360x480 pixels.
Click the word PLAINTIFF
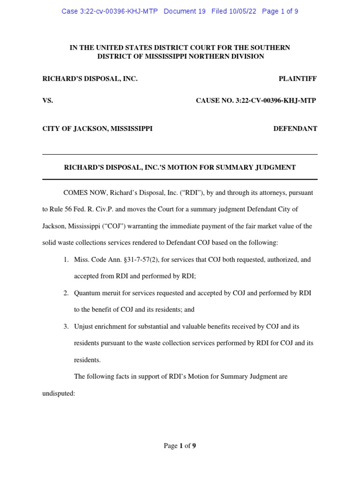pyautogui.click(x=298, y=79)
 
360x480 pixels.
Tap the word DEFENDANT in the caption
pyautogui.click(x=295, y=128)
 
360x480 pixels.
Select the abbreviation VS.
pyautogui.click(x=48, y=101)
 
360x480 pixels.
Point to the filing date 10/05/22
pyautogui.click(x=243, y=11)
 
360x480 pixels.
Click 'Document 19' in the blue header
pyautogui.click(x=185, y=11)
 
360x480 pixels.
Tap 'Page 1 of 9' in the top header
pyautogui.click(x=280, y=11)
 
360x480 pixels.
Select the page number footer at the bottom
pyautogui.click(x=180, y=446)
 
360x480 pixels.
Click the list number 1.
pyautogui.click(x=66, y=259)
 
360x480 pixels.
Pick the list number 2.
pyautogui.click(x=66, y=293)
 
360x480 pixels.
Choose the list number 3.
pyautogui.click(x=66, y=326)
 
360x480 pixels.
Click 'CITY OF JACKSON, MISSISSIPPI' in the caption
pyautogui.click(x=97, y=128)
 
